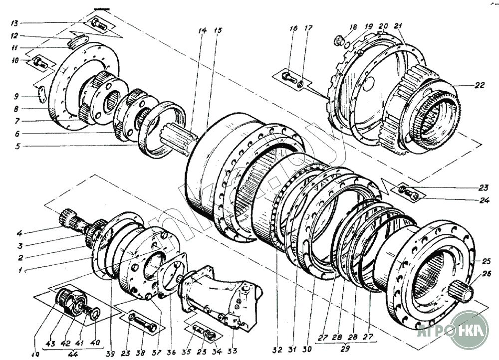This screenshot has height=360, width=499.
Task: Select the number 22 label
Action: pos(480,86)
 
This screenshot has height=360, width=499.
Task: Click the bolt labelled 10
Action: pos(40,63)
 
